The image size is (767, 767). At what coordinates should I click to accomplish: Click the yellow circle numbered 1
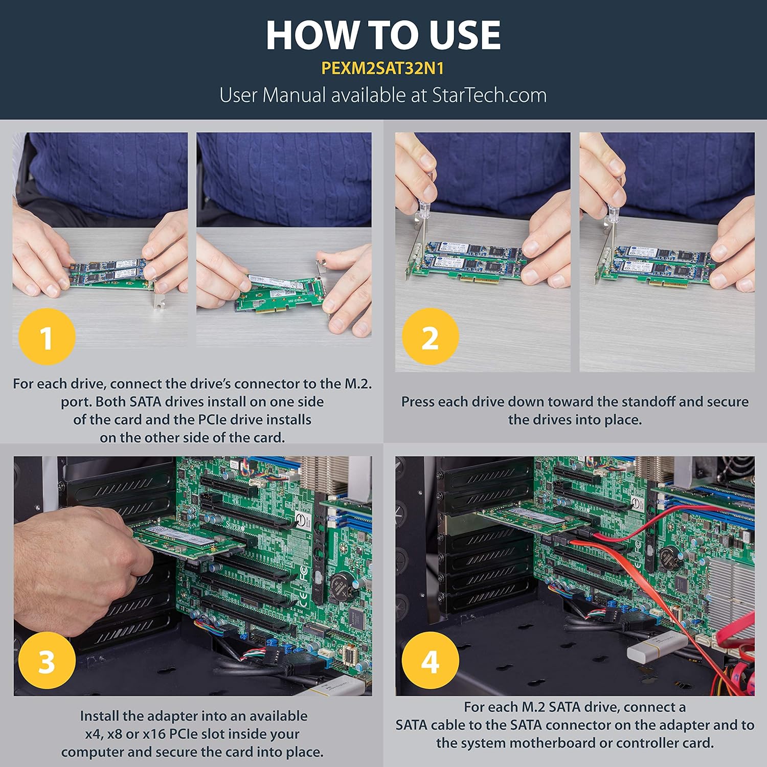click(x=47, y=336)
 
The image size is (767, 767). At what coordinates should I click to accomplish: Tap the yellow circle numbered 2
click(x=430, y=336)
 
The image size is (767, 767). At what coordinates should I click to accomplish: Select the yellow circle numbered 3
click(x=47, y=660)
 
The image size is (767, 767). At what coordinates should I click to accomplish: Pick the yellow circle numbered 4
click(x=430, y=660)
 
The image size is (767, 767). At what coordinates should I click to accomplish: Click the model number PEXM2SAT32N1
click(x=382, y=69)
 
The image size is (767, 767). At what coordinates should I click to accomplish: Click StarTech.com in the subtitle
click(x=489, y=96)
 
